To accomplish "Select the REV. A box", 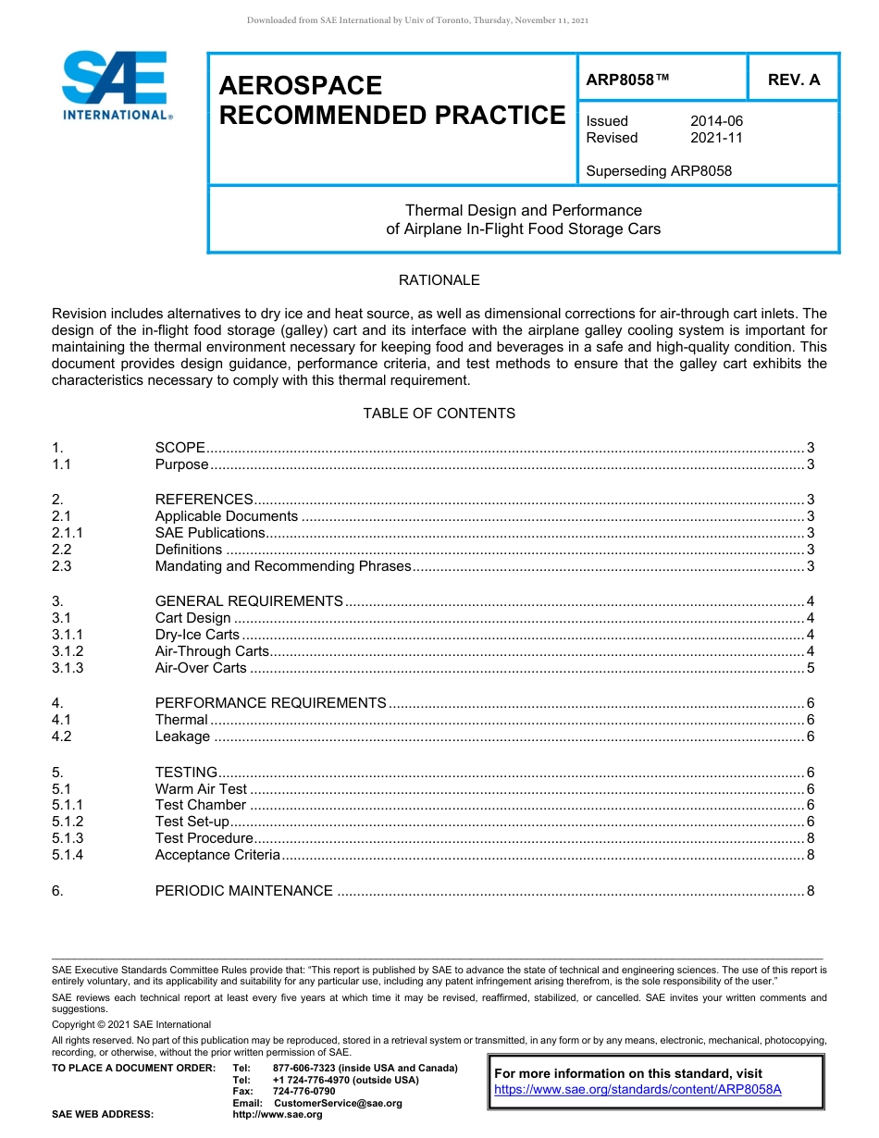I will (793, 80).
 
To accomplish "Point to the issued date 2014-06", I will (716, 121).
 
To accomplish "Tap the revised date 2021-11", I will (716, 138).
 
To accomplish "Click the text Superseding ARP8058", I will (659, 170).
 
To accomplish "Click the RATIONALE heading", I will (439, 279).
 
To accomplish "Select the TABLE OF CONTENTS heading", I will (439, 414).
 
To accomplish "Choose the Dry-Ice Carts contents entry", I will (197, 635).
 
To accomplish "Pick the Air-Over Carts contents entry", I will (201, 668).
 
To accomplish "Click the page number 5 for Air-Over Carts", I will (810, 668).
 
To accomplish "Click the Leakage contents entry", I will (182, 736).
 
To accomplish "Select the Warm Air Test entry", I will (201, 789).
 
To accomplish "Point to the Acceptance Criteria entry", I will (217, 855).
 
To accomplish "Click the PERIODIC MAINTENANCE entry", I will (243, 891).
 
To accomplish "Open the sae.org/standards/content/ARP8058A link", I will (638, 1090).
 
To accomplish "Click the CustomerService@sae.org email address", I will (338, 1103).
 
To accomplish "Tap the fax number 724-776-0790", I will (304, 1092).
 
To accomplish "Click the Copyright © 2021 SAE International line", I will (131, 1024).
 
